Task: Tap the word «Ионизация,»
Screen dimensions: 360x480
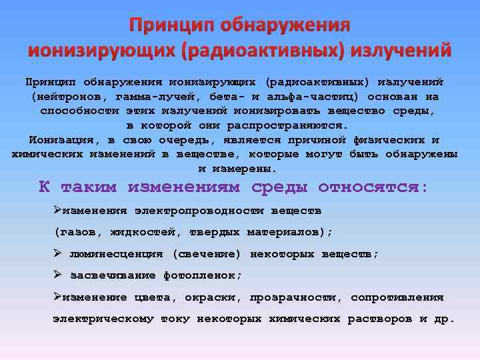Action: click(62, 140)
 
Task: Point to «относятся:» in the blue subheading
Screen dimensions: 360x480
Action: click(373, 187)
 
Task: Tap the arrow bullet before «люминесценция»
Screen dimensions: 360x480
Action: click(58, 253)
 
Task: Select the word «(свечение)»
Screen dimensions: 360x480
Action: click(207, 254)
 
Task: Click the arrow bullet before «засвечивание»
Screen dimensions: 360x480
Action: click(58, 275)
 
